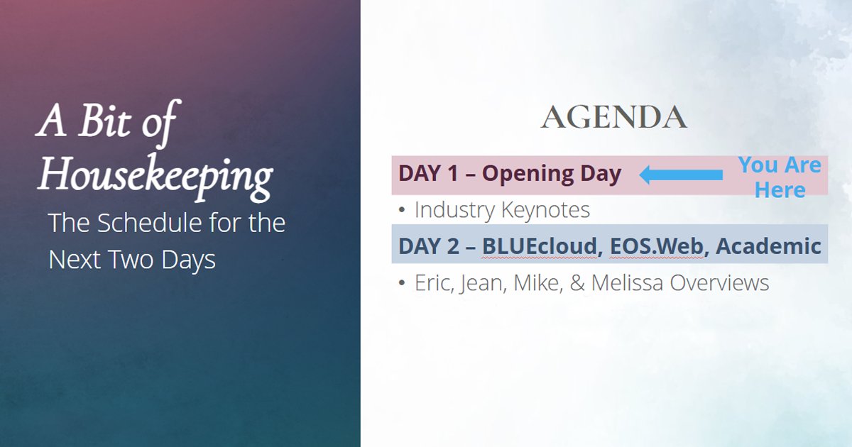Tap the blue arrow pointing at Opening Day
click(x=681, y=175)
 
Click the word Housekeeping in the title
click(x=155, y=173)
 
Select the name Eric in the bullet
click(x=433, y=283)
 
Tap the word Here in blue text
click(x=780, y=190)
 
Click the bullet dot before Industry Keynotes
click(x=402, y=211)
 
